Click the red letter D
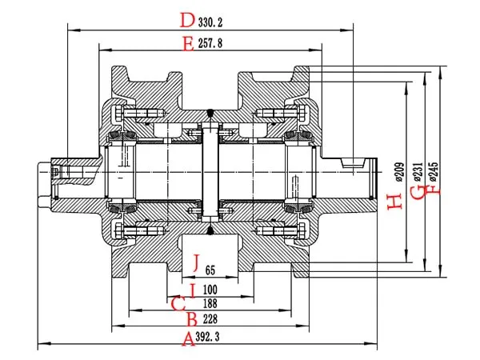tap(187, 19)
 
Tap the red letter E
tap(187, 45)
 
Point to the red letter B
tap(190, 319)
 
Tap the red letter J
tap(195, 262)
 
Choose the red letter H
tap(393, 202)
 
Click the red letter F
tap(433, 190)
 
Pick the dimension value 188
tap(210, 303)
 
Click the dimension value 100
tap(210, 288)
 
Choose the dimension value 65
tap(210, 270)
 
